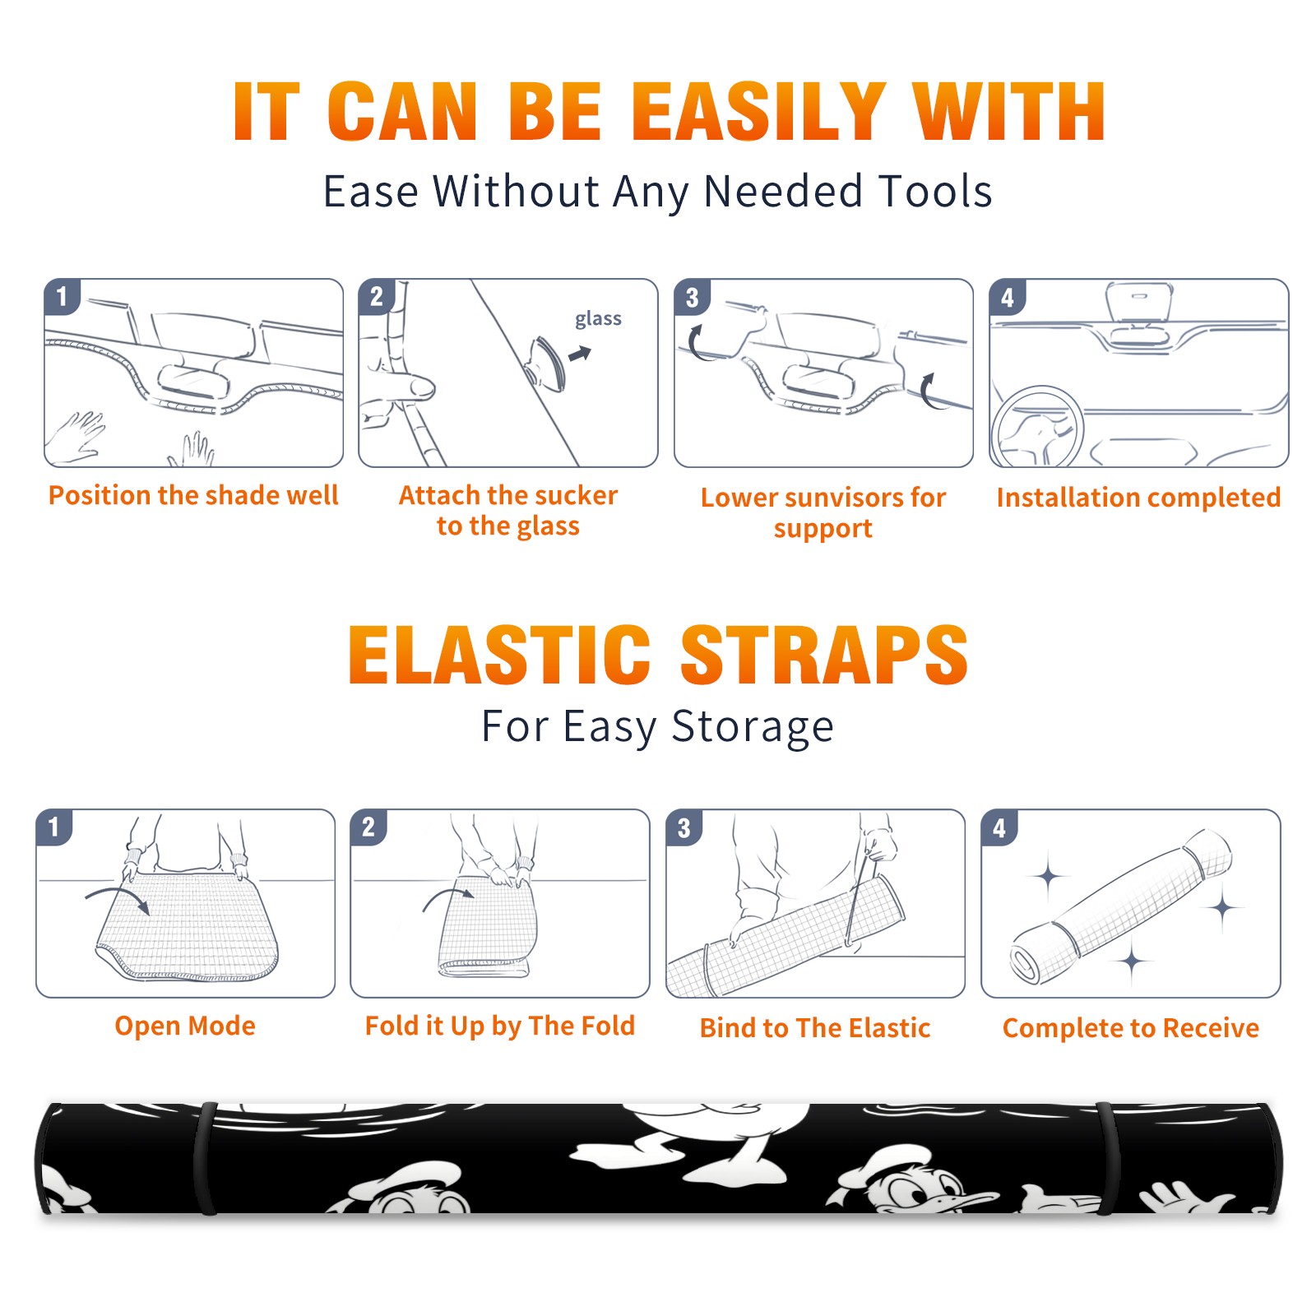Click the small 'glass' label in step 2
(x=598, y=318)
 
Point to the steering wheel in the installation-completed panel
(x=1038, y=426)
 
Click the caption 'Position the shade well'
(x=193, y=495)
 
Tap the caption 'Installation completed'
(x=1138, y=498)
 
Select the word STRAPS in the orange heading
(x=824, y=655)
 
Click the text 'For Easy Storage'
(x=658, y=727)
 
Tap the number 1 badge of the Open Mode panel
(x=54, y=827)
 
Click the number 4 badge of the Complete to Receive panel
(x=999, y=827)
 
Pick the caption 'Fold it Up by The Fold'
(x=500, y=1026)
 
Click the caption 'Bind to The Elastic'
(x=815, y=1028)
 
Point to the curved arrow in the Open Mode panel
(x=116, y=892)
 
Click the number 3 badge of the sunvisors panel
(x=692, y=297)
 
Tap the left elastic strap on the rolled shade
(x=205, y=1158)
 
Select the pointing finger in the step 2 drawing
(x=401, y=387)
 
